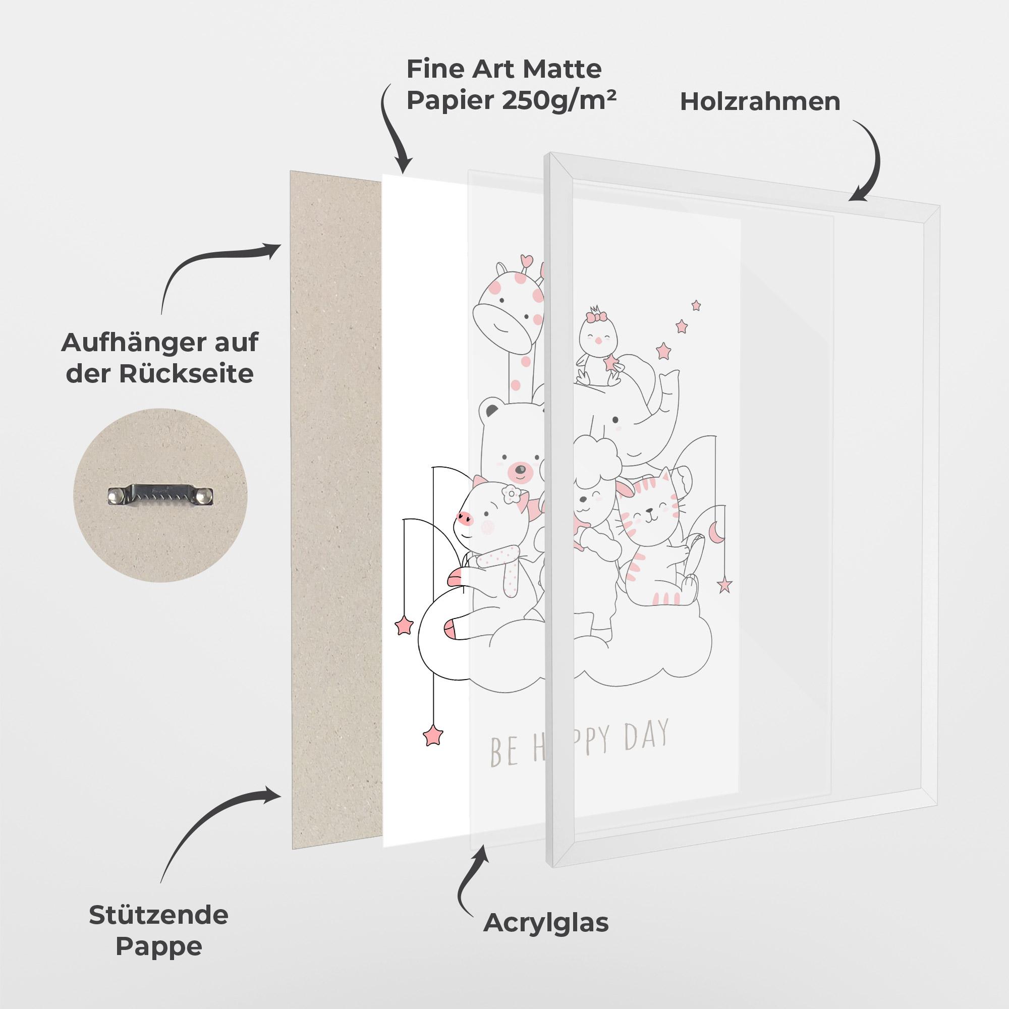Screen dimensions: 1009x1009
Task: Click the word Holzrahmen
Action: coord(760,102)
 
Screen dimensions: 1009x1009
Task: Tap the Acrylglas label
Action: coord(546,923)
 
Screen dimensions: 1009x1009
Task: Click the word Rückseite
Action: coord(186,373)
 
